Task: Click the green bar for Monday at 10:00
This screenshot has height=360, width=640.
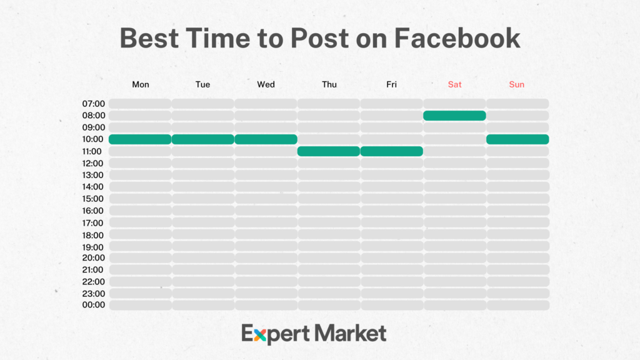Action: [140, 139]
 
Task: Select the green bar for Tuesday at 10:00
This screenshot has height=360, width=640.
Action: [203, 139]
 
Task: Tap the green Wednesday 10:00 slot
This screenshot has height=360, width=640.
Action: [266, 139]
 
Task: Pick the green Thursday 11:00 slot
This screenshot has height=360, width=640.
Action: [329, 151]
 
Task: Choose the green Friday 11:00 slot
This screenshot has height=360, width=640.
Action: [392, 151]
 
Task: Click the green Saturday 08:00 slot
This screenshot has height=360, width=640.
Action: [454, 116]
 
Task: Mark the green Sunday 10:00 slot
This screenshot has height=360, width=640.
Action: [517, 139]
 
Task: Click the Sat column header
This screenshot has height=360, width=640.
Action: [454, 84]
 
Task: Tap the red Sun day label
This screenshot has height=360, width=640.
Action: [517, 84]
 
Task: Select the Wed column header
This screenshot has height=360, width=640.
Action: [266, 84]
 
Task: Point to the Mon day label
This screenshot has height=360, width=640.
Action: [141, 84]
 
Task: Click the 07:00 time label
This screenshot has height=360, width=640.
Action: [93, 104]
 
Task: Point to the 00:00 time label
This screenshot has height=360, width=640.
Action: [93, 305]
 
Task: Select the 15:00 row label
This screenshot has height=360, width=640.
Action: [93, 199]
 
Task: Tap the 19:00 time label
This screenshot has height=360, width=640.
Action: [93, 247]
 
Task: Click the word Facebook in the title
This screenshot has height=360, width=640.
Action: [457, 38]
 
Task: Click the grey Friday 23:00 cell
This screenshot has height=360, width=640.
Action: [392, 293]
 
